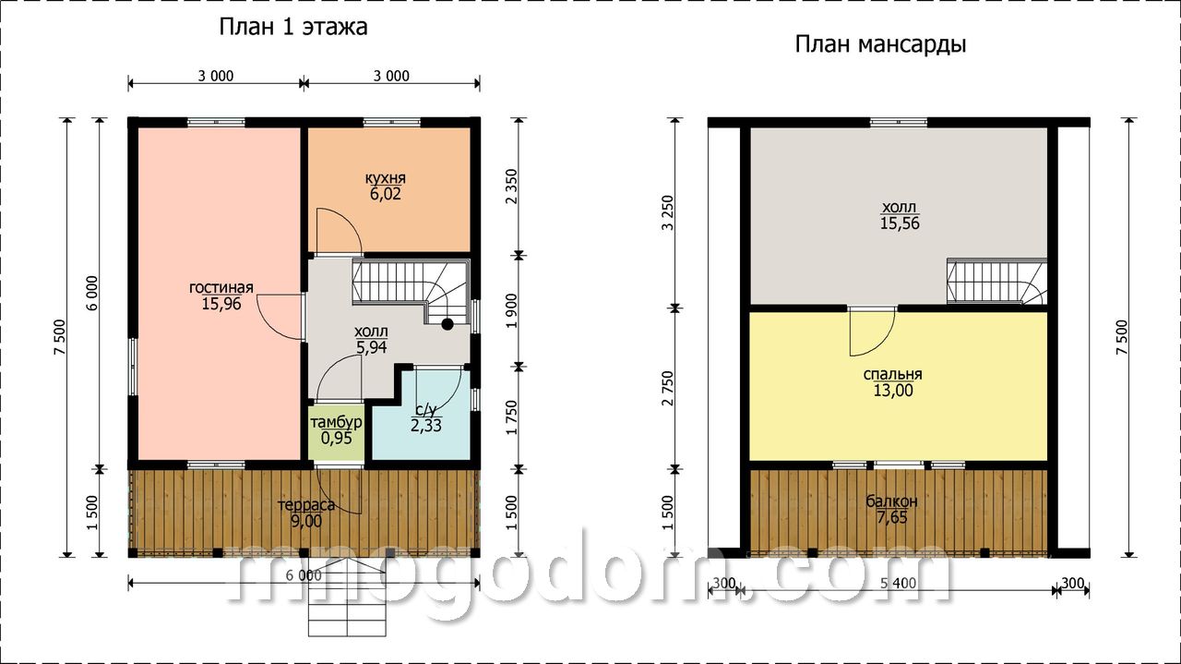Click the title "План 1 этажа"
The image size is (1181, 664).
(293, 27)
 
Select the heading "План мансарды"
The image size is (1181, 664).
(880, 45)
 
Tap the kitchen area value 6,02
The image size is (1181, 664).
(386, 194)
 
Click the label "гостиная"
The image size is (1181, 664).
(221, 287)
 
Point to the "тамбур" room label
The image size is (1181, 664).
(337, 422)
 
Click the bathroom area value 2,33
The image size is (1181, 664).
(426, 426)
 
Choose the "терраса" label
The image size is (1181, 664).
(306, 505)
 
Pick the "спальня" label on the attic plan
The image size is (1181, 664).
(892, 374)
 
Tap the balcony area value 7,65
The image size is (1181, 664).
(892, 517)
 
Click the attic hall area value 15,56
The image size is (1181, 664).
(900, 223)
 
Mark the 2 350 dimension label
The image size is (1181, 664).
(511, 187)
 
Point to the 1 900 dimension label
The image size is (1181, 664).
(511, 311)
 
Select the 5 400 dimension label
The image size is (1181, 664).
(899, 584)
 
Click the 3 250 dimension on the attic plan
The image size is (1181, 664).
(668, 212)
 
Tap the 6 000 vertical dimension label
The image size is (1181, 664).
(92, 293)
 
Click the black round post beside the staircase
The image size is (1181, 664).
(447, 324)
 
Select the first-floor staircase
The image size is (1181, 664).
(411, 292)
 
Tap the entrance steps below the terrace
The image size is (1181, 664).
(348, 604)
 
